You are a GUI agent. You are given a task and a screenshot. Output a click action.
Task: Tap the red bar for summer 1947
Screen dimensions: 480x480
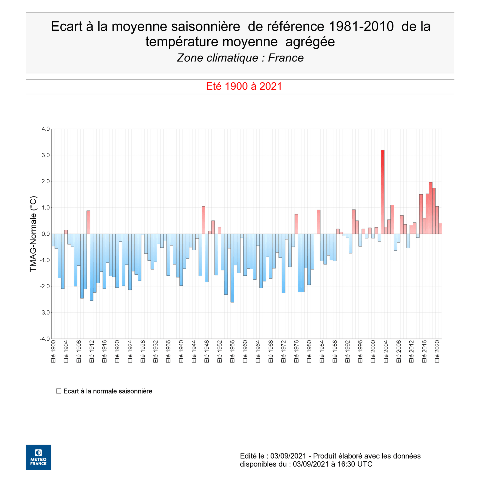tap(203, 220)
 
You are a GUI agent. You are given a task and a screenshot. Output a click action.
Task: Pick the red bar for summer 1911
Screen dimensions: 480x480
tap(88, 222)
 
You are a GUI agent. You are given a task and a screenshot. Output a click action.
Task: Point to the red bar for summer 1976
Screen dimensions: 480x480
tap(296, 224)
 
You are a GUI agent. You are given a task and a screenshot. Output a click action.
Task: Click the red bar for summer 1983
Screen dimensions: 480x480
tap(318, 222)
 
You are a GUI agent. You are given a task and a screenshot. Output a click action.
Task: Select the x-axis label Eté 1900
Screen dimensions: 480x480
tap(53, 351)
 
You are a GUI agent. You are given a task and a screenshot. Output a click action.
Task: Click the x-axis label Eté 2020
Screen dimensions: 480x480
tap(437, 351)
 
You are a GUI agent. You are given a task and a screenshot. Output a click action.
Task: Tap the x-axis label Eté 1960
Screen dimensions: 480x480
tap(245, 351)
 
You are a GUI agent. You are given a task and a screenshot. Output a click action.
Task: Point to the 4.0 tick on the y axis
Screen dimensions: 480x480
tap(45, 129)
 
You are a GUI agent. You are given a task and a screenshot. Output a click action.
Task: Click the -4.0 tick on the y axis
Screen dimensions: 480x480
tap(45, 339)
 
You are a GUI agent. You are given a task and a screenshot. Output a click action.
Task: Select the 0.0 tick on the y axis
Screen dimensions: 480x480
tap(45, 234)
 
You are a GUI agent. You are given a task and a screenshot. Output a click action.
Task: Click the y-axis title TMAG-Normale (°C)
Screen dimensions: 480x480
tap(33, 234)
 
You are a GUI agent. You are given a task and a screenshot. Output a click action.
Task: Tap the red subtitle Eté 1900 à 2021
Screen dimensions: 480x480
tap(244, 86)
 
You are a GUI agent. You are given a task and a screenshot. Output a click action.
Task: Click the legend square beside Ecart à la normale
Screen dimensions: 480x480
tap(59, 391)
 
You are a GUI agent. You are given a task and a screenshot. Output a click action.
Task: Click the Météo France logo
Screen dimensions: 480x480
tap(38, 457)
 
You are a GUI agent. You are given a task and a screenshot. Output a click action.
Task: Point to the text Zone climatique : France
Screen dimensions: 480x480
tap(240, 58)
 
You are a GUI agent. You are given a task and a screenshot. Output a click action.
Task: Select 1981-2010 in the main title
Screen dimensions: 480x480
tap(361, 26)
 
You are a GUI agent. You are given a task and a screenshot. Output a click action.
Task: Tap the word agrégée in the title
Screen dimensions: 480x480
tap(310, 42)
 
